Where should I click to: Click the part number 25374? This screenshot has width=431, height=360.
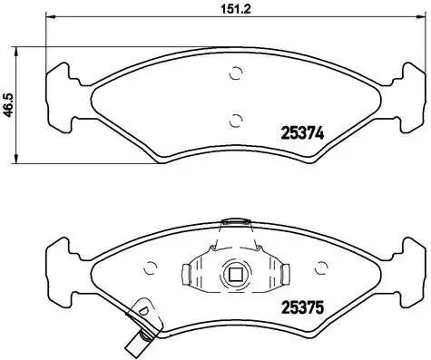coord(293,132)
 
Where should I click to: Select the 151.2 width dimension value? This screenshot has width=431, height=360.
coord(223,11)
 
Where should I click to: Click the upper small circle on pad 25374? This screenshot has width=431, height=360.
coord(236,74)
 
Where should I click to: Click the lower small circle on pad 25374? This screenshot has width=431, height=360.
coord(236,118)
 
